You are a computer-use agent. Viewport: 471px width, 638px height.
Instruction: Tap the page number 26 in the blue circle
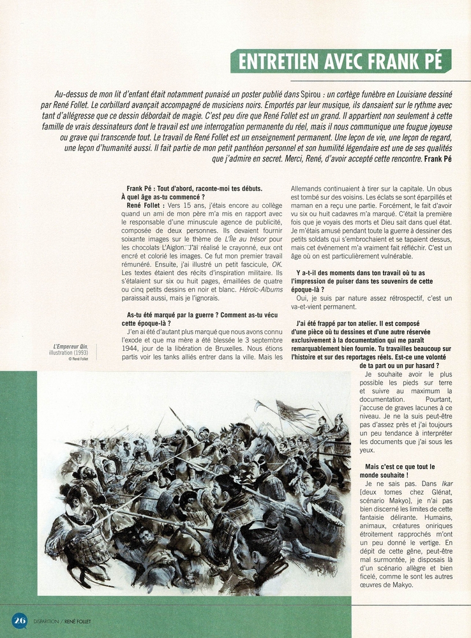click(19, 619)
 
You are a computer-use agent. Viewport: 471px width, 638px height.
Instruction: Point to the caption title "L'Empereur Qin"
click(71, 346)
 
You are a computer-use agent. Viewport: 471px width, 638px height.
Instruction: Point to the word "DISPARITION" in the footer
click(47, 620)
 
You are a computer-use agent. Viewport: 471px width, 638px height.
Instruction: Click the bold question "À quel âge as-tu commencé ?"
click(163, 197)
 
